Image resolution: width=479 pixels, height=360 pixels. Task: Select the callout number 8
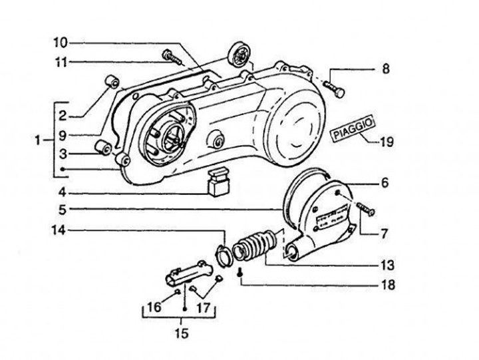(386, 68)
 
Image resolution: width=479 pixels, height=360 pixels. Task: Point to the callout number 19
(387, 141)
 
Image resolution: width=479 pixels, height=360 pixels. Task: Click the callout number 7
(385, 234)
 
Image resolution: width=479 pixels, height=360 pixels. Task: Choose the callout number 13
(385, 265)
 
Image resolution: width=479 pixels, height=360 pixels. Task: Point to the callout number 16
(154, 307)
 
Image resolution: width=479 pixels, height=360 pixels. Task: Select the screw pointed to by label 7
(365, 210)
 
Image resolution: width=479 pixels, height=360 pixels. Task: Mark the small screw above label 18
(239, 271)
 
